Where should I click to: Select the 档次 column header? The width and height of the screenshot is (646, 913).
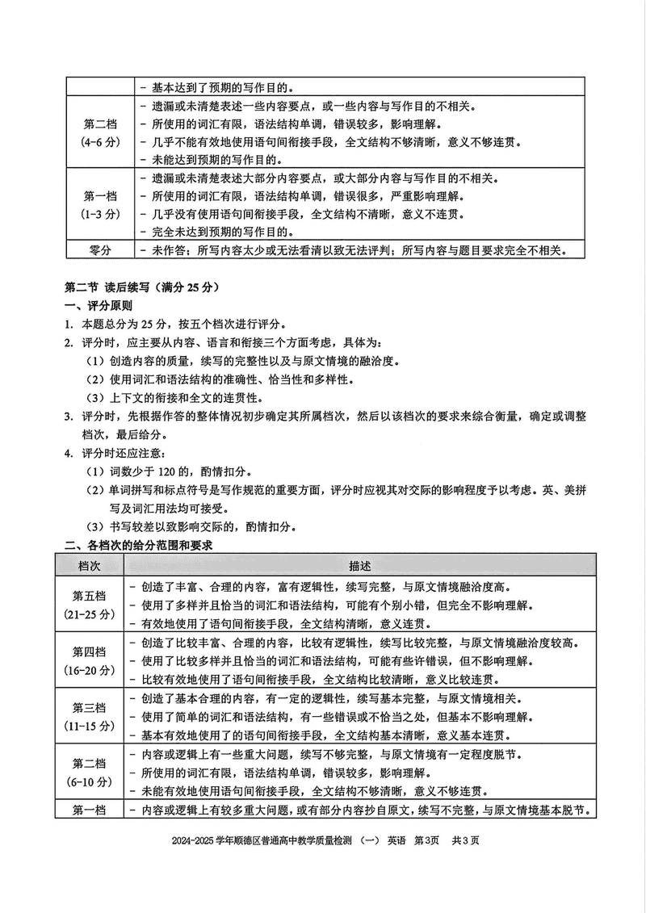[89, 565]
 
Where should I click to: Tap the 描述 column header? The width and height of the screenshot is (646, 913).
[361, 565]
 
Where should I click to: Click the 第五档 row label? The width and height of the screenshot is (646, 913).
[89, 597]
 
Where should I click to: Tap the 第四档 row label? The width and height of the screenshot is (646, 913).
[89, 652]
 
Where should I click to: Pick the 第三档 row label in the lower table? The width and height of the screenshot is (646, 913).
[89, 708]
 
